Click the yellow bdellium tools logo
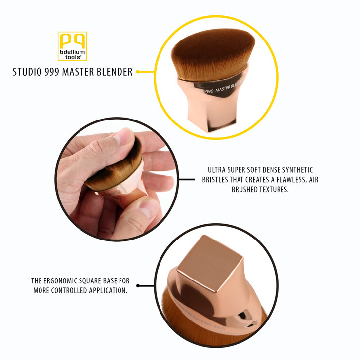tap(72, 46)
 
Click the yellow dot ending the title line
tap(138, 72)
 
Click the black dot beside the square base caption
tap(138, 285)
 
